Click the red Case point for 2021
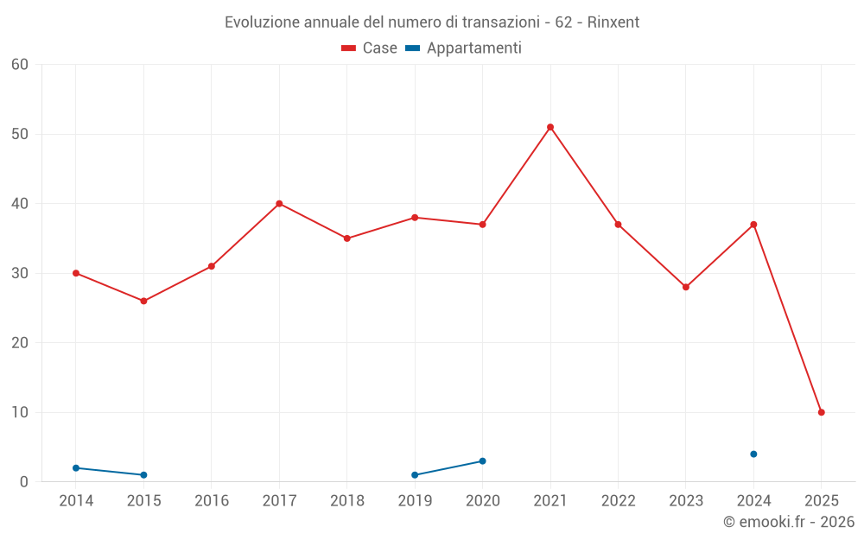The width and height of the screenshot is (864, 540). (x=550, y=127)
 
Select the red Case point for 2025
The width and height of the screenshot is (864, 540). (x=822, y=412)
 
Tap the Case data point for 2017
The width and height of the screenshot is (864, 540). (x=279, y=204)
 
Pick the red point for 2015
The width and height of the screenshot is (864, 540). (x=143, y=301)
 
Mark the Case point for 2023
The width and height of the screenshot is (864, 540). (x=686, y=287)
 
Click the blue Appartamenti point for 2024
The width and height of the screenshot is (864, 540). (x=753, y=454)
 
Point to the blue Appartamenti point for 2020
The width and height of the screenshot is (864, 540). (x=482, y=461)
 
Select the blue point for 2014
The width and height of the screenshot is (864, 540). (x=76, y=467)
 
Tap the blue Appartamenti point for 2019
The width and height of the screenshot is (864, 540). (x=415, y=474)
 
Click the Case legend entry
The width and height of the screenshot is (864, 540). (x=370, y=48)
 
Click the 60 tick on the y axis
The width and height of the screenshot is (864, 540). (x=20, y=65)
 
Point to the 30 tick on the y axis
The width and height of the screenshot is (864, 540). (x=20, y=273)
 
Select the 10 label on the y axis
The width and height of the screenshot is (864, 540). (x=20, y=412)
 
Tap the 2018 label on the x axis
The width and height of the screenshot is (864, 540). (x=347, y=501)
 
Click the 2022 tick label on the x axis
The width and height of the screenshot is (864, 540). (x=618, y=501)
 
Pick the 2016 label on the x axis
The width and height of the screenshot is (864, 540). (x=212, y=501)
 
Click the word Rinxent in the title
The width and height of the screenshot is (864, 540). (x=613, y=22)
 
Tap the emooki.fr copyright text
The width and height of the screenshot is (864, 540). (x=789, y=522)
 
